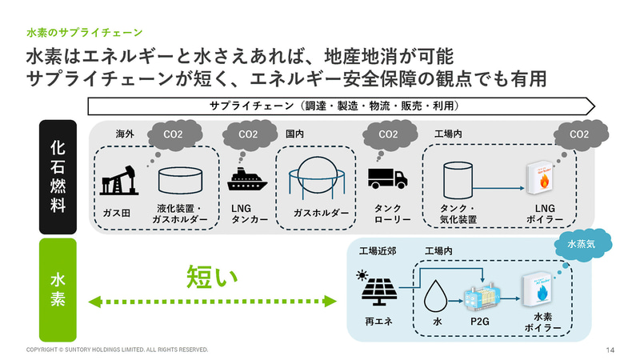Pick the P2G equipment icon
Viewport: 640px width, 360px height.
click(x=480, y=298)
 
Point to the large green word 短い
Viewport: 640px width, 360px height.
click(x=212, y=277)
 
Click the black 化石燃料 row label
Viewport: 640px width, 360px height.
click(x=58, y=177)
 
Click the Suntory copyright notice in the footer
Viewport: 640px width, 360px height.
click(x=117, y=350)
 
